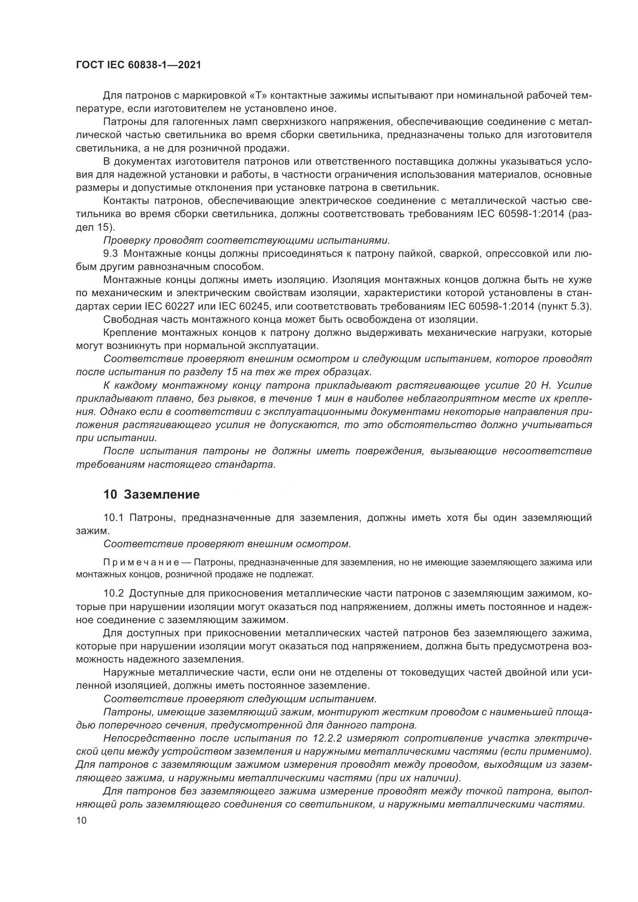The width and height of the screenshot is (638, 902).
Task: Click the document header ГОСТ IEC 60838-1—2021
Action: click(138, 65)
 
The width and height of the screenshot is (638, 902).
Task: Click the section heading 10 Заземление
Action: click(151, 494)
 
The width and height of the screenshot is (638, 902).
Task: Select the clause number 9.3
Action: click(110, 254)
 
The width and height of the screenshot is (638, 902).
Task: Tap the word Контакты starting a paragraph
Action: click(126, 201)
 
